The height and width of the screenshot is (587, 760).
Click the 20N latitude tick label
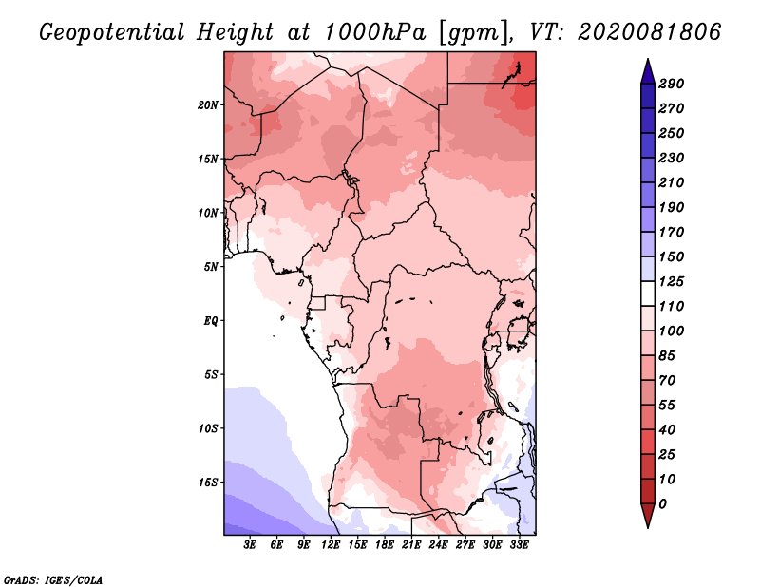point(208,105)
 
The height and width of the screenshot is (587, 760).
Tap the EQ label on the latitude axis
point(211,321)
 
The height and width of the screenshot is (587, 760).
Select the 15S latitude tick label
point(208,483)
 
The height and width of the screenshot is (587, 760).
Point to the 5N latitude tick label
point(211,267)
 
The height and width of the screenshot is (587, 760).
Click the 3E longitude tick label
point(250,545)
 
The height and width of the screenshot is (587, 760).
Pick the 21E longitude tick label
point(411,545)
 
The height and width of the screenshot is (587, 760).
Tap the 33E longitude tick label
point(519,545)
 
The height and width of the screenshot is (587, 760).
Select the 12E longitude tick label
point(331,545)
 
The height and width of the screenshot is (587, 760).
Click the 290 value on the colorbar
point(671,84)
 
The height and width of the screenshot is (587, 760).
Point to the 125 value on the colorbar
point(671,281)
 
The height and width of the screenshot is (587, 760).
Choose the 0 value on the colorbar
point(662,504)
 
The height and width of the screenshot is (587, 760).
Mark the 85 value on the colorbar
point(667,356)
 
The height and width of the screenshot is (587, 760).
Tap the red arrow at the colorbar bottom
point(648,516)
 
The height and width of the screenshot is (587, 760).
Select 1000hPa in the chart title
point(374,32)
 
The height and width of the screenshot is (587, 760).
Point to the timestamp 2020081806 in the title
point(649,32)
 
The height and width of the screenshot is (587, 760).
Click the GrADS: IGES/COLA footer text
point(53,579)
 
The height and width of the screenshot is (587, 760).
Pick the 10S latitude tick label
point(208,428)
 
